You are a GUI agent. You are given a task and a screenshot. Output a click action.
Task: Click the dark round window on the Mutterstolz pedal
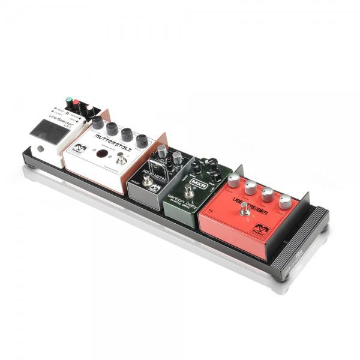(103, 154)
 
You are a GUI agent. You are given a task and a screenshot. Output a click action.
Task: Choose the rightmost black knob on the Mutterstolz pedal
(142, 140)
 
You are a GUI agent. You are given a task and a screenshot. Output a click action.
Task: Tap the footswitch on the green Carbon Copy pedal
(189, 191)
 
